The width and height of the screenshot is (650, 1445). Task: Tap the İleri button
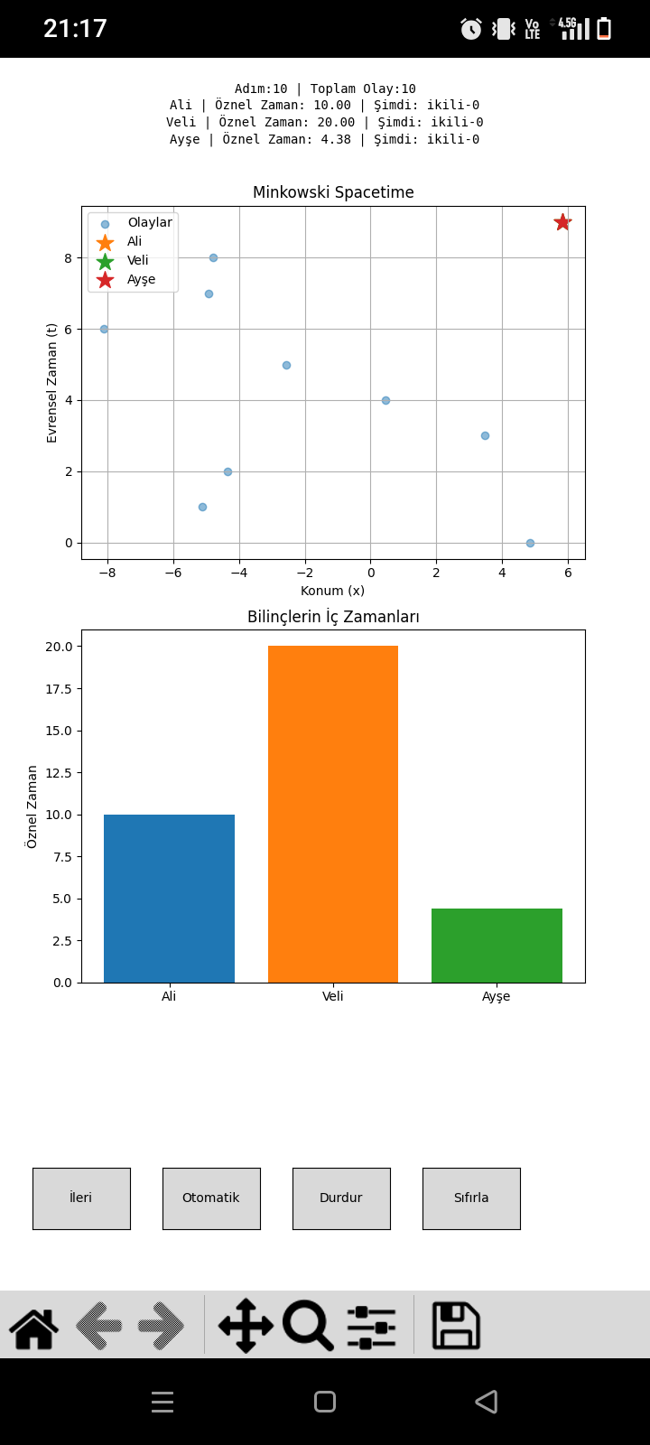81,1198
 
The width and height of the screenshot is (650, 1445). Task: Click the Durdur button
341,1198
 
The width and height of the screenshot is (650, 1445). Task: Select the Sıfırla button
471,1198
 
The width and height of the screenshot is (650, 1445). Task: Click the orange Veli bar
333,814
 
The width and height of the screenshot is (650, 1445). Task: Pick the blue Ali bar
169,899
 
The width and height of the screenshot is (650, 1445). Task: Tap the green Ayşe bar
497,946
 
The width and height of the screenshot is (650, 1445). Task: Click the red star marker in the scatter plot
562,222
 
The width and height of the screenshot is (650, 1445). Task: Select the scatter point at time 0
530,543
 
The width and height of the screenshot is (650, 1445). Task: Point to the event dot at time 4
385,400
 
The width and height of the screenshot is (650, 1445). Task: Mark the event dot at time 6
104,329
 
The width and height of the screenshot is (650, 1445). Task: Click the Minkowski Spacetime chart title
333,192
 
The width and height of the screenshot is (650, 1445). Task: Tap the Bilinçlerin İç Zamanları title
333,617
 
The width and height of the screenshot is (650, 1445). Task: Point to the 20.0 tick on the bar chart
59,647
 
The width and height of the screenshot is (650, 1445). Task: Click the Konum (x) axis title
333,591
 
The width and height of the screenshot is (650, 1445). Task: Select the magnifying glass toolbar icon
308,1326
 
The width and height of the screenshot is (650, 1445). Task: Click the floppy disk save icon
456,1326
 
